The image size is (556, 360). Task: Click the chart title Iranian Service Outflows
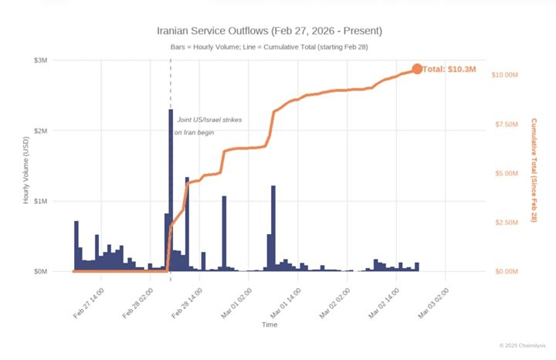[270, 31]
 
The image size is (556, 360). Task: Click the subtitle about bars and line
[270, 48]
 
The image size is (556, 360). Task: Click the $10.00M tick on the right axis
[510, 74]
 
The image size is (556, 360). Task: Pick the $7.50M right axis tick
[511, 124]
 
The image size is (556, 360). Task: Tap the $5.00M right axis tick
[511, 173]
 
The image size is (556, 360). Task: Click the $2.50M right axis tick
[511, 222]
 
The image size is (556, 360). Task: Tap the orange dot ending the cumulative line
[417, 69]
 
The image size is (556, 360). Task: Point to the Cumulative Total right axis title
[533, 170]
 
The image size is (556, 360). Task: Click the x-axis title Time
[270, 325]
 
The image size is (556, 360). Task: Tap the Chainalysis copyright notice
[521, 345]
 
